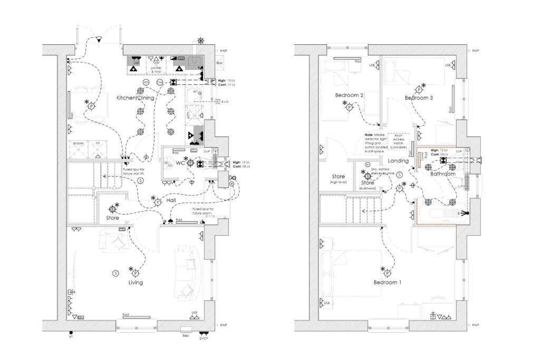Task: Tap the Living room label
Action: (x=136, y=283)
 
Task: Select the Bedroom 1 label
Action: (x=388, y=283)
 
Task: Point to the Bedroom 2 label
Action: (x=349, y=95)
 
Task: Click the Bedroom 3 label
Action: (x=419, y=98)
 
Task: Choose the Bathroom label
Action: (x=443, y=173)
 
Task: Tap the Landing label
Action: (x=398, y=161)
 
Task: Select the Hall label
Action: (x=171, y=201)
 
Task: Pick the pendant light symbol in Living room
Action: (x=135, y=273)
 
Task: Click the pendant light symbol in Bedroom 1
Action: (x=388, y=273)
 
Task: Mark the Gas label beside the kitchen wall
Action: (x=220, y=63)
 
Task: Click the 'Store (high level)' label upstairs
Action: (x=338, y=179)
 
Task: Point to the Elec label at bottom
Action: (x=186, y=335)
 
